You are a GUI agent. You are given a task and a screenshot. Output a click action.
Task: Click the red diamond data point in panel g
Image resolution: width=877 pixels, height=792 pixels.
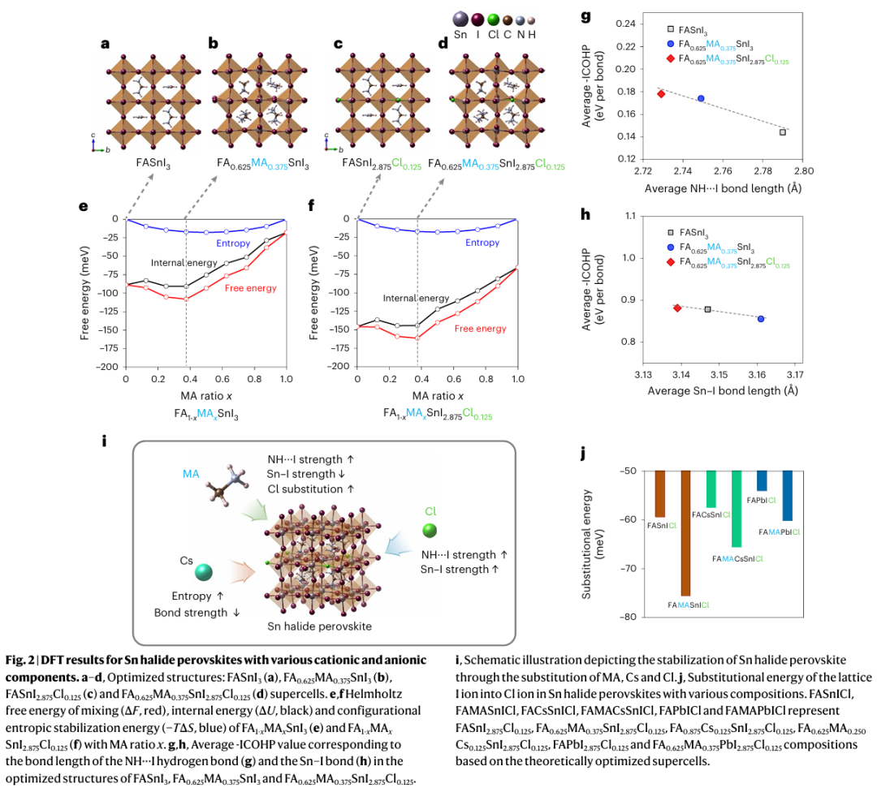pyautogui.click(x=661, y=94)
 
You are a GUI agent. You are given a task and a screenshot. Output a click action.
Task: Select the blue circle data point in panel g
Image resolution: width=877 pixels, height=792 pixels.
pyautogui.click(x=701, y=98)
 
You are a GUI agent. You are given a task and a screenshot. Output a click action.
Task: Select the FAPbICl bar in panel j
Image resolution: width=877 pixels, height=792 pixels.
pyautogui.click(x=762, y=480)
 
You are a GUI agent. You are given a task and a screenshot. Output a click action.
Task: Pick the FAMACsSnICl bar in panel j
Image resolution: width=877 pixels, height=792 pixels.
pyautogui.click(x=736, y=508)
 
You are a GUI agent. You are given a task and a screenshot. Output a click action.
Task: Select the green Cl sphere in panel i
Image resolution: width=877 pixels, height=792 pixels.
pyautogui.click(x=430, y=530)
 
